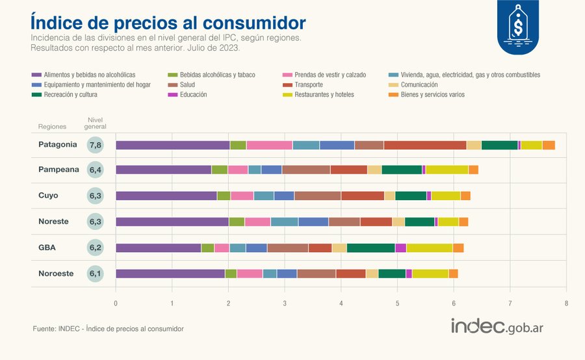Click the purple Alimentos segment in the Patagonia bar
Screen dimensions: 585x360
(x=173, y=145)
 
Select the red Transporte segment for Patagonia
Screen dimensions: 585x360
(x=425, y=145)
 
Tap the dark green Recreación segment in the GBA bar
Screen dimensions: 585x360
(x=371, y=248)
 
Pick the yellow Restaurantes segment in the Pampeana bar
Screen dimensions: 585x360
(x=447, y=170)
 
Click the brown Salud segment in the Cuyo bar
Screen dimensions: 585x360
(x=317, y=196)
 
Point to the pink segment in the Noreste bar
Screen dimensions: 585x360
(x=258, y=222)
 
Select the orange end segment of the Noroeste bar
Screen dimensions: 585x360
(x=453, y=274)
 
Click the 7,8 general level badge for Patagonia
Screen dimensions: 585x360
(x=95, y=145)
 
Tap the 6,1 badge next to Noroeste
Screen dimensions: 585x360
(x=95, y=274)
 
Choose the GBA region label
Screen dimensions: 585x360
(x=47, y=248)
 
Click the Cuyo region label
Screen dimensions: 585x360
(x=48, y=196)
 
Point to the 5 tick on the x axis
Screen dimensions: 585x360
(x=397, y=303)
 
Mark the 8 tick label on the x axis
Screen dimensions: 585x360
(x=566, y=303)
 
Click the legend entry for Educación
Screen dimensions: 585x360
(x=188, y=95)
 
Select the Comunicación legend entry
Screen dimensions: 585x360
(x=413, y=84)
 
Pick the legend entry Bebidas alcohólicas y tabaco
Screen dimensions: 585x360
(x=211, y=75)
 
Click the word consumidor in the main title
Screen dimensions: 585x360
(x=254, y=23)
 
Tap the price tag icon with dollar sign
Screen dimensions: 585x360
(x=518, y=25)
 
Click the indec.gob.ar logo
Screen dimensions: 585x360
(x=497, y=326)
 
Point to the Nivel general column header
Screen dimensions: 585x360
(x=95, y=123)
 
